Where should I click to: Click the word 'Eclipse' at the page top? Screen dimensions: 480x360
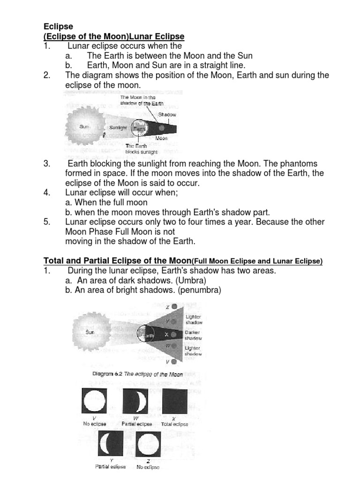tap(58, 26)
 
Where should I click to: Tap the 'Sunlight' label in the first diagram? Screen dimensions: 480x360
tap(117, 127)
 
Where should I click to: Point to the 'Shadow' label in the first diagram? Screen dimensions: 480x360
tap(167, 114)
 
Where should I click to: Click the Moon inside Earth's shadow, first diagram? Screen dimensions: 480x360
tap(161, 127)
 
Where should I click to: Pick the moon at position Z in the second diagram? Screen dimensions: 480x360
tap(174, 307)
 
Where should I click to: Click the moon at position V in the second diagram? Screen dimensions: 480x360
tap(174, 362)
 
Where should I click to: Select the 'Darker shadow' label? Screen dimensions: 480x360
tap(193, 335)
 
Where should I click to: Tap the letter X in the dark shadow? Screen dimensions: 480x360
tap(166, 334)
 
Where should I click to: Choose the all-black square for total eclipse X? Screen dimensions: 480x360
tap(174, 402)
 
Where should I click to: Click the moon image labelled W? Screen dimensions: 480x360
tap(135, 402)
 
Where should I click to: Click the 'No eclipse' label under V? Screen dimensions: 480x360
tap(95, 424)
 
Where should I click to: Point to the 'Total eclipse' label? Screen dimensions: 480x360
tap(174, 424)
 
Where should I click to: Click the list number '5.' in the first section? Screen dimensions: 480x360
tap(47, 222)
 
